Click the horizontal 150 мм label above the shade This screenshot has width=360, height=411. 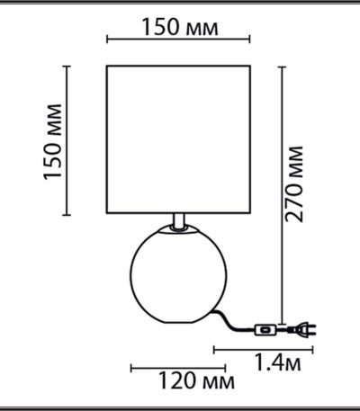tap(180, 27)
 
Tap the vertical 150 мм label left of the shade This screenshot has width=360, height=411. tap(53, 142)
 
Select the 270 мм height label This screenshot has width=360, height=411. tap(293, 184)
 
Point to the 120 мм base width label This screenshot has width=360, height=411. tap(196, 380)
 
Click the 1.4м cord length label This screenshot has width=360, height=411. tap(277, 362)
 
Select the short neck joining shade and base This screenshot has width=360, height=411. tap(179, 221)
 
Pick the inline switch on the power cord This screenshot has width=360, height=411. tap(265, 330)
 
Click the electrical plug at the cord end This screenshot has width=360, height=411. tap(301, 330)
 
